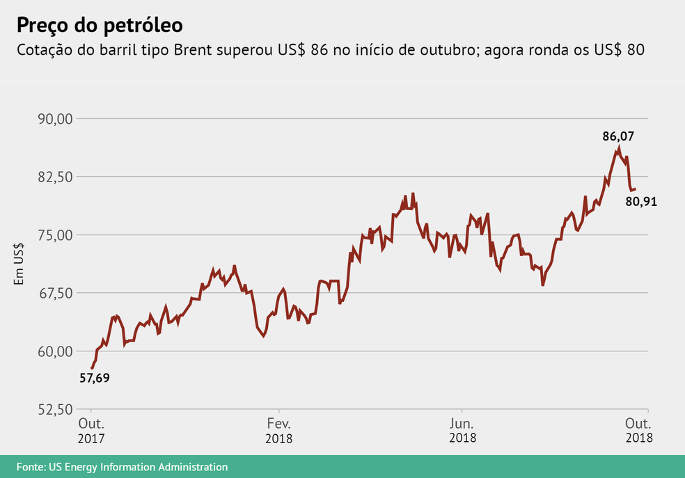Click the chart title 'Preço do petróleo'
click(x=100, y=26)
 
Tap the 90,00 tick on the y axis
click(x=54, y=118)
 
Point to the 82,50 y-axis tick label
click(x=54, y=177)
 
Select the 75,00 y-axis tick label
click(x=54, y=234)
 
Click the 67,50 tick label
click(x=54, y=293)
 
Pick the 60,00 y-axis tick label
click(x=54, y=351)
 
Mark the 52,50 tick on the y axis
click(x=54, y=409)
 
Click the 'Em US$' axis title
click(x=19, y=264)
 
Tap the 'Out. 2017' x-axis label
click(x=91, y=431)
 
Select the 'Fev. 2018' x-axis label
click(x=278, y=431)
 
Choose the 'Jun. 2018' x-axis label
click(x=462, y=431)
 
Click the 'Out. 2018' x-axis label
click(x=638, y=431)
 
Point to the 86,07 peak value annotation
click(x=618, y=136)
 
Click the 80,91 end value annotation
click(x=641, y=202)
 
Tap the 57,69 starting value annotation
click(x=94, y=379)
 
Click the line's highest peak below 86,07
click(x=618, y=148)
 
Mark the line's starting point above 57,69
click(x=92, y=368)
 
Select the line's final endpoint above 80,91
click(x=635, y=189)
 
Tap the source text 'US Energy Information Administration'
click(x=138, y=467)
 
